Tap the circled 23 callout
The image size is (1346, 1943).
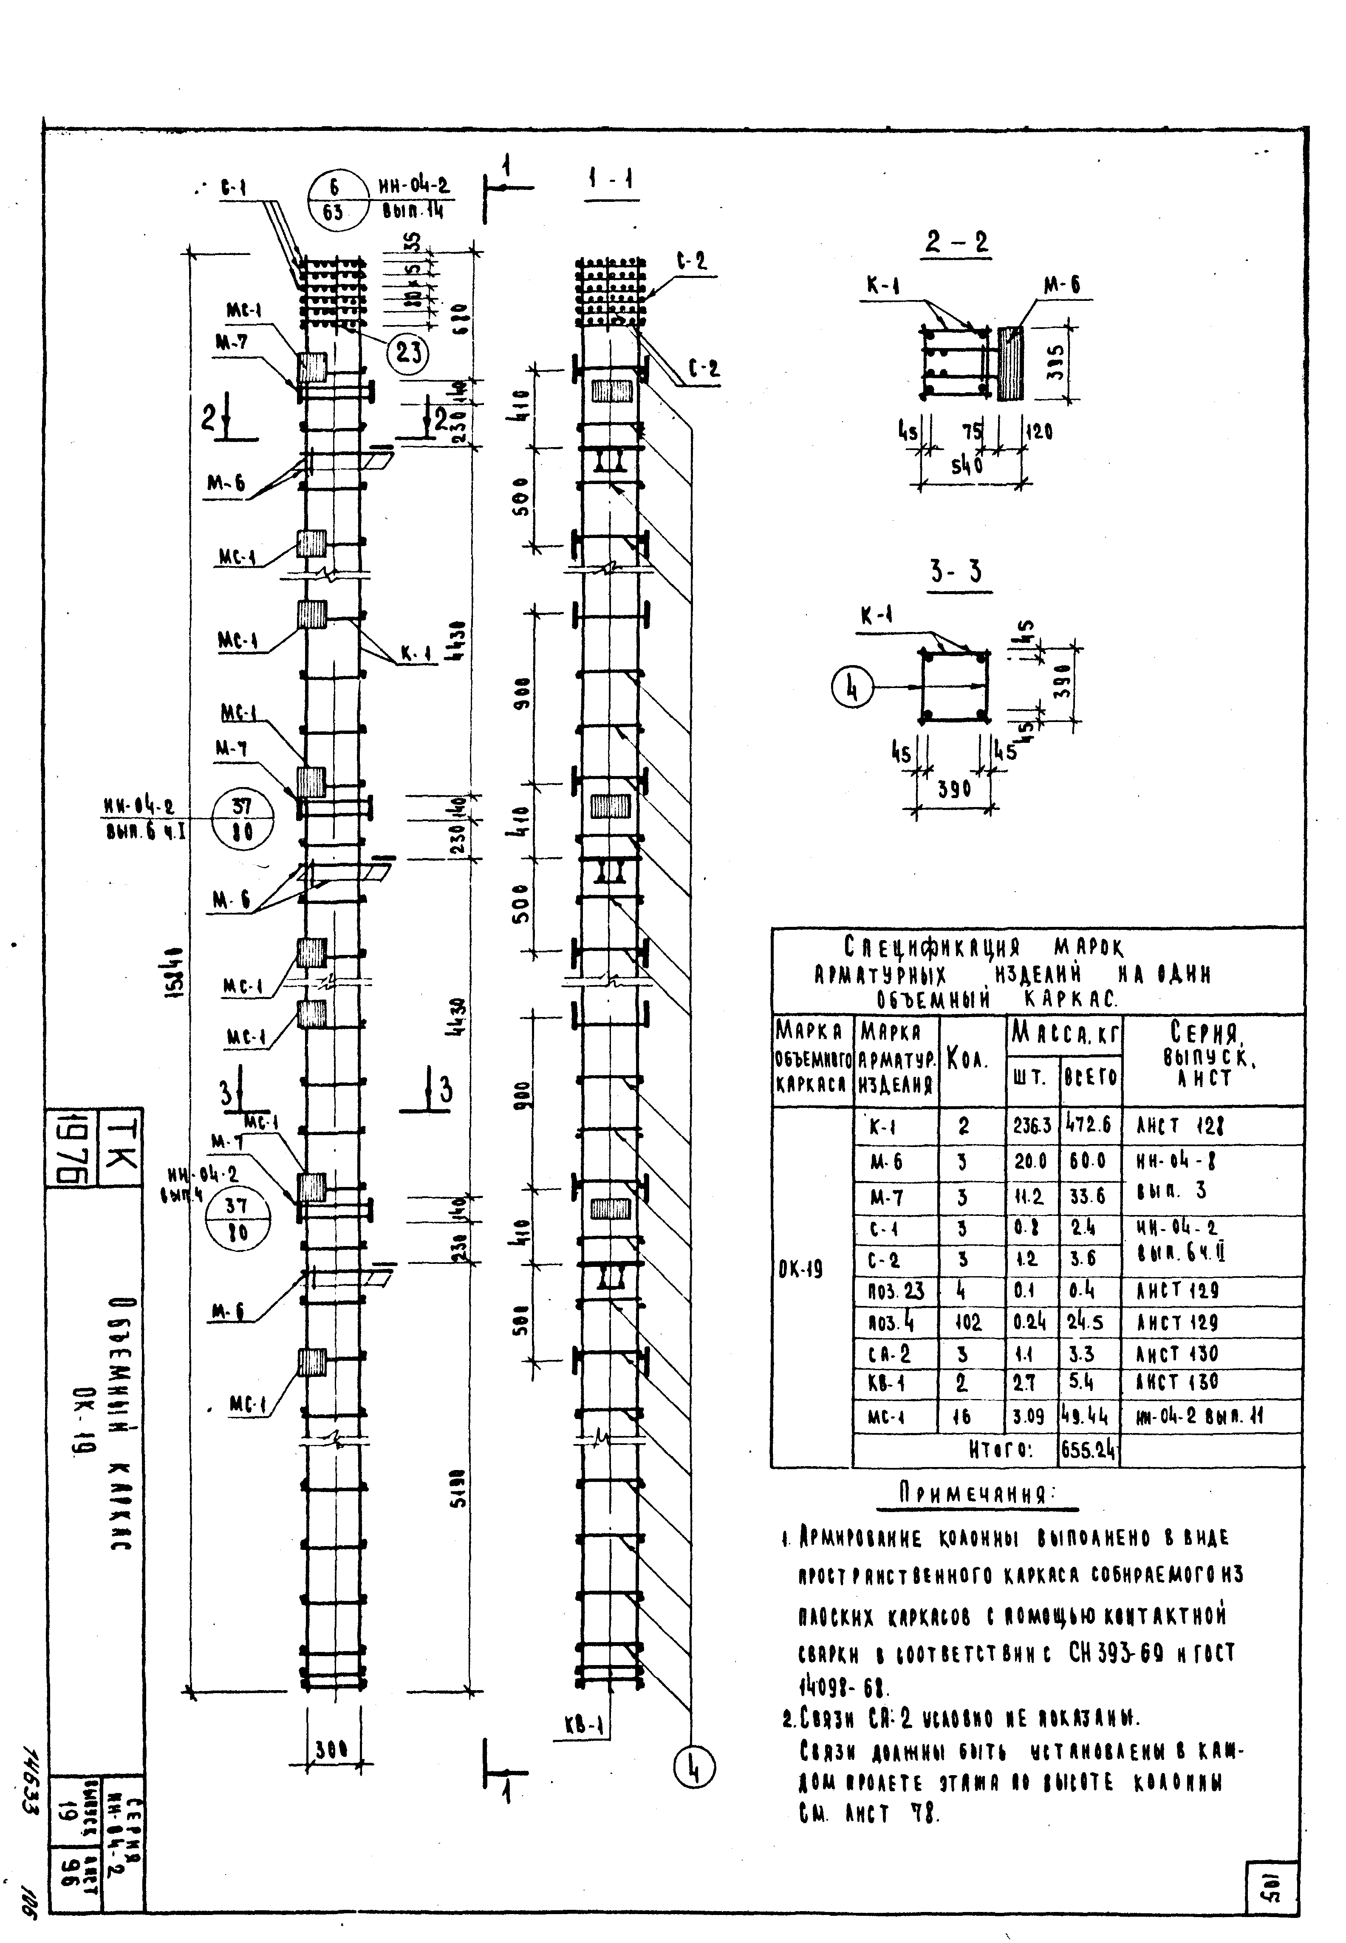point(408,351)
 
